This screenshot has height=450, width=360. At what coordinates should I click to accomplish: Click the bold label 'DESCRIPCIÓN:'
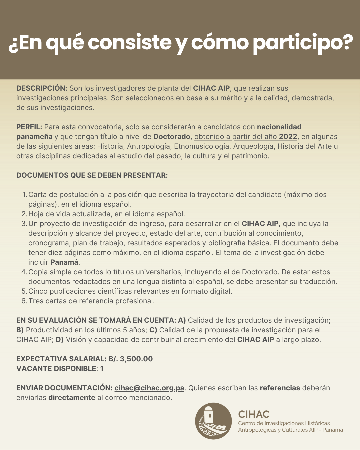pyautogui.click(x=42, y=88)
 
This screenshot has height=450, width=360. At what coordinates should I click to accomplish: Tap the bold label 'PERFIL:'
pyautogui.click(x=29, y=127)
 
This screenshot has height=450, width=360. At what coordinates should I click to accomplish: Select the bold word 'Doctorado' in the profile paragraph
pyautogui.click(x=172, y=137)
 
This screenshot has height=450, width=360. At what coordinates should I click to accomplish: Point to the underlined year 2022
pyautogui.click(x=288, y=137)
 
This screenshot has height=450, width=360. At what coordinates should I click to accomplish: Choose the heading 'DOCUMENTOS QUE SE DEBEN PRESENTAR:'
pyautogui.click(x=92, y=175)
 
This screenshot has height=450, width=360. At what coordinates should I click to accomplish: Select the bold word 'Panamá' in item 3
pyautogui.click(x=64, y=262)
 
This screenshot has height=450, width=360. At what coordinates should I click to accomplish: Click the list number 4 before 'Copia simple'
pyautogui.click(x=24, y=272)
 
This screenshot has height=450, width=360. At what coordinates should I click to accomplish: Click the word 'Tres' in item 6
pyautogui.click(x=36, y=301)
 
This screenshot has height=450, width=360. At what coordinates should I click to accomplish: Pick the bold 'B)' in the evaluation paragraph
pyautogui.click(x=20, y=330)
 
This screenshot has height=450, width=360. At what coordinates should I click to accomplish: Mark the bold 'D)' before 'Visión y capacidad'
pyautogui.click(x=60, y=340)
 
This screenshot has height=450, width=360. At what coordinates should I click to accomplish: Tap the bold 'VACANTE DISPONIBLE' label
pyautogui.click(x=56, y=369)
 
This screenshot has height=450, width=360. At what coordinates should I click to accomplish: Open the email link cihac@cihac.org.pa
pyautogui.click(x=149, y=388)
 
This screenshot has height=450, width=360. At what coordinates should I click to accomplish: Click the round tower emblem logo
pyautogui.click(x=213, y=421)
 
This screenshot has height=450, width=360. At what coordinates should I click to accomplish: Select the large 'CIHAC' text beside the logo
pyautogui.click(x=254, y=414)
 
